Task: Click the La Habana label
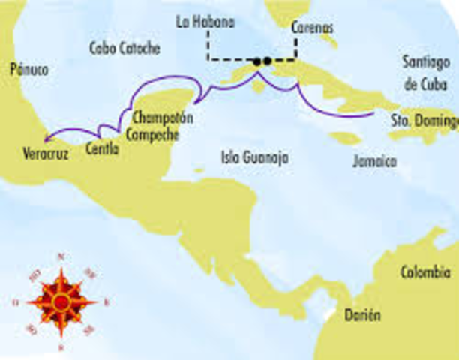coord(204,22)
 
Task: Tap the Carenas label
coord(313,28)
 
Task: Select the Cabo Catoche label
coord(124,49)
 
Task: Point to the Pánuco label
coord(30,70)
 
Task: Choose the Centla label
coord(103,148)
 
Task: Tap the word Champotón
coord(162,118)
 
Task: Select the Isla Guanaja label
coord(255,157)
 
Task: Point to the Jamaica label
coord(374,160)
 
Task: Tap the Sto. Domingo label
coord(424,120)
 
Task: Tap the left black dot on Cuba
coord(257,61)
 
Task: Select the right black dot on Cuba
coord(268,61)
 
